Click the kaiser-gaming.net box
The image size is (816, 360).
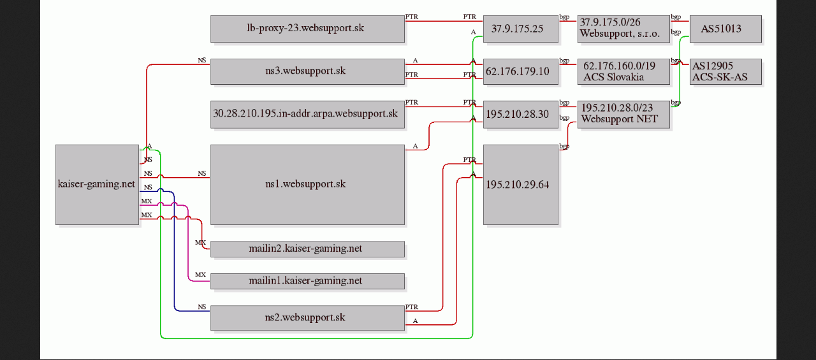(x=98, y=185)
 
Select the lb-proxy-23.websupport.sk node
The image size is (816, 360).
(x=307, y=29)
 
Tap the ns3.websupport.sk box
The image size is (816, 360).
(x=307, y=72)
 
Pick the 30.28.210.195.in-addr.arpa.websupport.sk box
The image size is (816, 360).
(x=307, y=114)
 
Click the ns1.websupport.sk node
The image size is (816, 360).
(x=307, y=185)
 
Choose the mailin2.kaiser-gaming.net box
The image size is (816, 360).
(x=307, y=249)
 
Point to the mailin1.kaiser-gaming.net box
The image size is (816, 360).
(x=307, y=281)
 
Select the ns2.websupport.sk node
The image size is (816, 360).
(x=307, y=318)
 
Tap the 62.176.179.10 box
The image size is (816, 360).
(x=521, y=72)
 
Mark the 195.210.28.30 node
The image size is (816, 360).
(x=521, y=114)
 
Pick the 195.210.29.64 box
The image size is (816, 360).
(x=521, y=185)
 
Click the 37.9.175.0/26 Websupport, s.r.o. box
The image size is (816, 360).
(x=623, y=29)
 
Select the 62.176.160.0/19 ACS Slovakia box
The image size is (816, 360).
(x=623, y=72)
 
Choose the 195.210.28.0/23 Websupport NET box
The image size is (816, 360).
(x=623, y=114)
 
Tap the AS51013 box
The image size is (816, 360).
(x=725, y=29)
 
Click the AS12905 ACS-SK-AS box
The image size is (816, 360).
(x=725, y=72)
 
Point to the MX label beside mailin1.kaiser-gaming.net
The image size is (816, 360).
(x=200, y=275)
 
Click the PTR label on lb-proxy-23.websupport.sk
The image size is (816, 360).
(x=412, y=17)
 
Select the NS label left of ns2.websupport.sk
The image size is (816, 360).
(x=202, y=307)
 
